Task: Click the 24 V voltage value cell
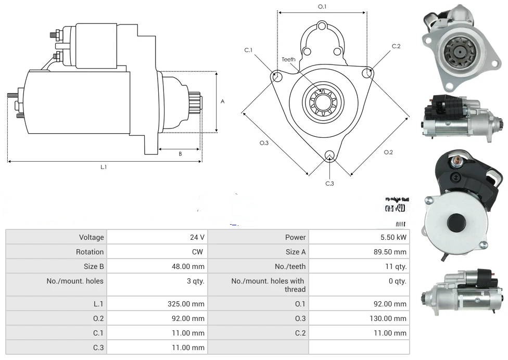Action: click(x=197, y=237)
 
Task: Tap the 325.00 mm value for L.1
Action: click(x=190, y=304)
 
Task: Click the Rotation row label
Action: click(x=90, y=252)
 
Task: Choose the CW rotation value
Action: click(x=199, y=252)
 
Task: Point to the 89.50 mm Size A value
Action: click(x=390, y=252)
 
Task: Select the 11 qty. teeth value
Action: click(x=394, y=266)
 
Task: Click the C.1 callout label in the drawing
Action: click(x=248, y=50)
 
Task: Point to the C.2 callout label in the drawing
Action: click(x=396, y=46)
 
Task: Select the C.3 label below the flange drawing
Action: click(x=329, y=183)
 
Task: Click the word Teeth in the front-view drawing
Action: click(x=288, y=59)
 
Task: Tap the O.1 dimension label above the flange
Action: click(x=322, y=7)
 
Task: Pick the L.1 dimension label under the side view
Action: click(x=104, y=167)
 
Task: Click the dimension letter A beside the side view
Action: click(x=223, y=101)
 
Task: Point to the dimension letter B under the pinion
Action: click(x=180, y=153)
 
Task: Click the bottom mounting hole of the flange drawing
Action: click(x=329, y=156)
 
